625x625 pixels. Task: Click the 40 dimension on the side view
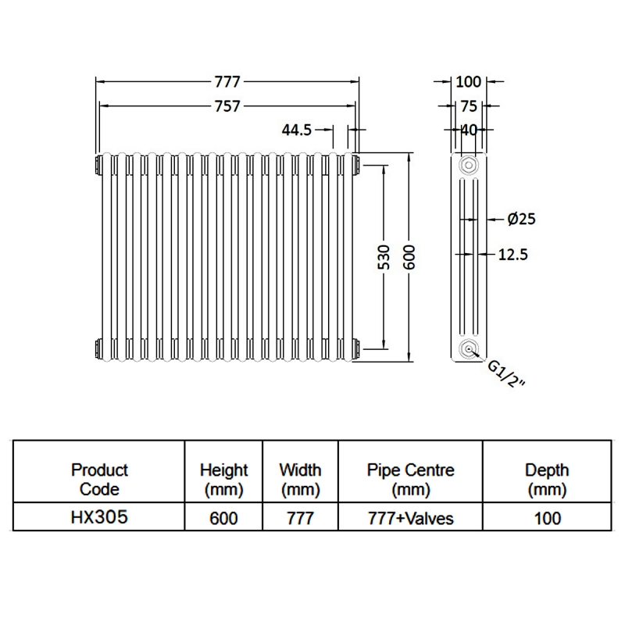468,130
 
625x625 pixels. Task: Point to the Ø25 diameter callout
521,220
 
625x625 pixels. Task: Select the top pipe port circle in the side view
468,166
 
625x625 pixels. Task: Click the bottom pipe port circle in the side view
468,349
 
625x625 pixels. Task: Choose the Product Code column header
99,480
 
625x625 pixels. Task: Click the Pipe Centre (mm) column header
410,480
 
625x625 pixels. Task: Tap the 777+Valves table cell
410,517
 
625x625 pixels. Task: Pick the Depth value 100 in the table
547,517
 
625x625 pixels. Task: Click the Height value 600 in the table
223,517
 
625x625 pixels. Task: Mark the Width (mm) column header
300,480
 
